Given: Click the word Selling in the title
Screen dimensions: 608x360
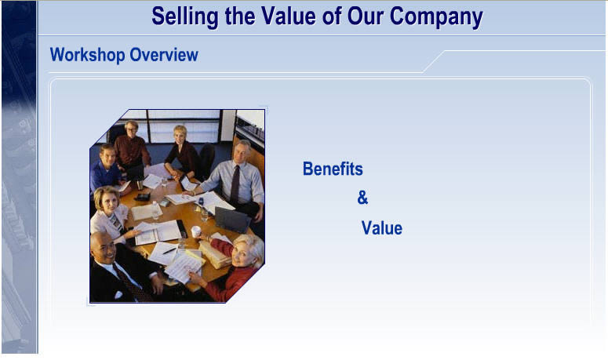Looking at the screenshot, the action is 185,17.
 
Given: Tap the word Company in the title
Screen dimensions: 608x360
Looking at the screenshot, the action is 436,17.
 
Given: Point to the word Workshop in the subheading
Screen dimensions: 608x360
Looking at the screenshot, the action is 88,55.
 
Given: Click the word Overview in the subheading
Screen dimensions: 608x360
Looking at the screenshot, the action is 164,55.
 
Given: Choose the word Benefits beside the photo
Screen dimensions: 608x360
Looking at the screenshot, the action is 333,169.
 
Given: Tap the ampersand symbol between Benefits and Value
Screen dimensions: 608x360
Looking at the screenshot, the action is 362,198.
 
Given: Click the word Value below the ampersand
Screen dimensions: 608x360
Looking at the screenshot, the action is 382,228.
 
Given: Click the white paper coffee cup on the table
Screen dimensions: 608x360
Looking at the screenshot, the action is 196,231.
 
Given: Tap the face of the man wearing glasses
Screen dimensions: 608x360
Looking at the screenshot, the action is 132,129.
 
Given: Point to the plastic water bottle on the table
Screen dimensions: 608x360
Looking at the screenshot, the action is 155,209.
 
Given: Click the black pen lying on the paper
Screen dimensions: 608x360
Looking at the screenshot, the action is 169,251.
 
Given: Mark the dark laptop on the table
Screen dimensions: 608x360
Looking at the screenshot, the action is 232,220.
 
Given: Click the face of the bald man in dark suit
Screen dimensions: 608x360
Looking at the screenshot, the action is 102,248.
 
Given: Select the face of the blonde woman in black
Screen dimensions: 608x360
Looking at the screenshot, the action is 180,134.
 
